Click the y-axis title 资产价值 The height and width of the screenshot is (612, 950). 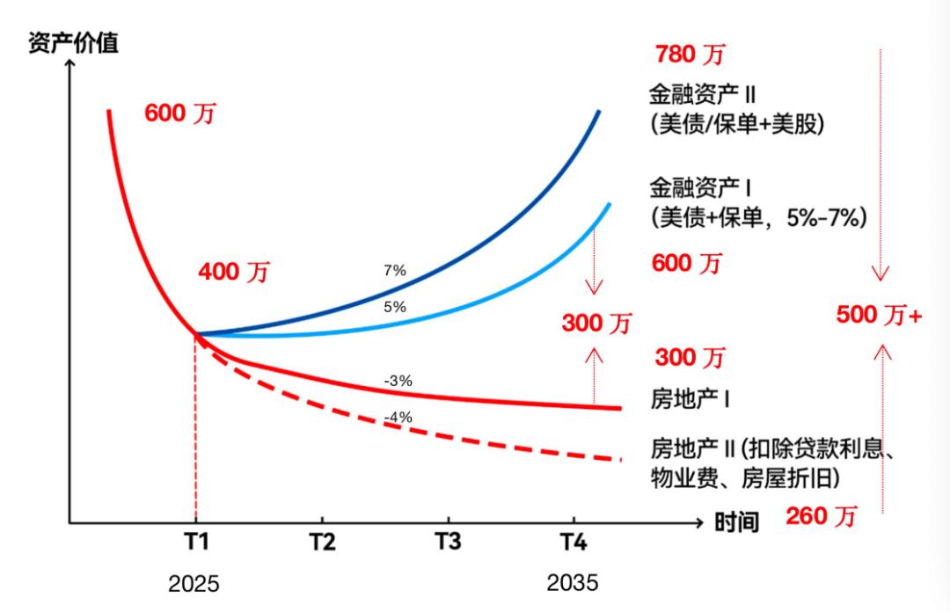pyautogui.click(x=73, y=43)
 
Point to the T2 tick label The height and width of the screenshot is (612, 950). pyautogui.click(x=322, y=542)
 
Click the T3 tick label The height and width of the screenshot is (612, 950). pyautogui.click(x=448, y=542)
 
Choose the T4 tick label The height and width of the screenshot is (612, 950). pyautogui.click(x=574, y=542)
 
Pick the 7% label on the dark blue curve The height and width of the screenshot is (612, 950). pyautogui.click(x=395, y=271)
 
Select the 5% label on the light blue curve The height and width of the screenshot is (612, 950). pyautogui.click(x=395, y=307)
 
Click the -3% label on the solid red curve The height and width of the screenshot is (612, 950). pyautogui.click(x=398, y=381)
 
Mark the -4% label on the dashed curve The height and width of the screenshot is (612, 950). pyautogui.click(x=398, y=417)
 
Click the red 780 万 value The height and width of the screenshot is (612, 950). pyautogui.click(x=690, y=55)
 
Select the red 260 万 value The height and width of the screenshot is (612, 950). pyautogui.click(x=820, y=516)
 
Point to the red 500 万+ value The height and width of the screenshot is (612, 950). pyautogui.click(x=878, y=315)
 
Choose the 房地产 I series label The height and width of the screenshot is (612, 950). pyautogui.click(x=691, y=398)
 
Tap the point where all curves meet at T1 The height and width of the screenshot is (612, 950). pyautogui.click(x=195, y=334)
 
